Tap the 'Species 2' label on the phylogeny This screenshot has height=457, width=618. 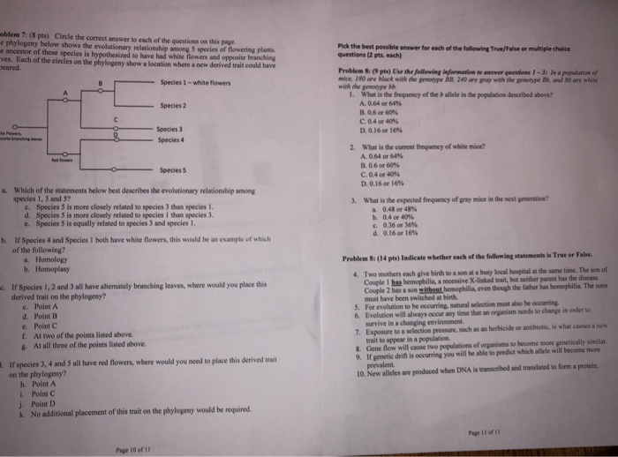click(x=173, y=106)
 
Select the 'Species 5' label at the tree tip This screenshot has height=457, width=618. click(x=173, y=169)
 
